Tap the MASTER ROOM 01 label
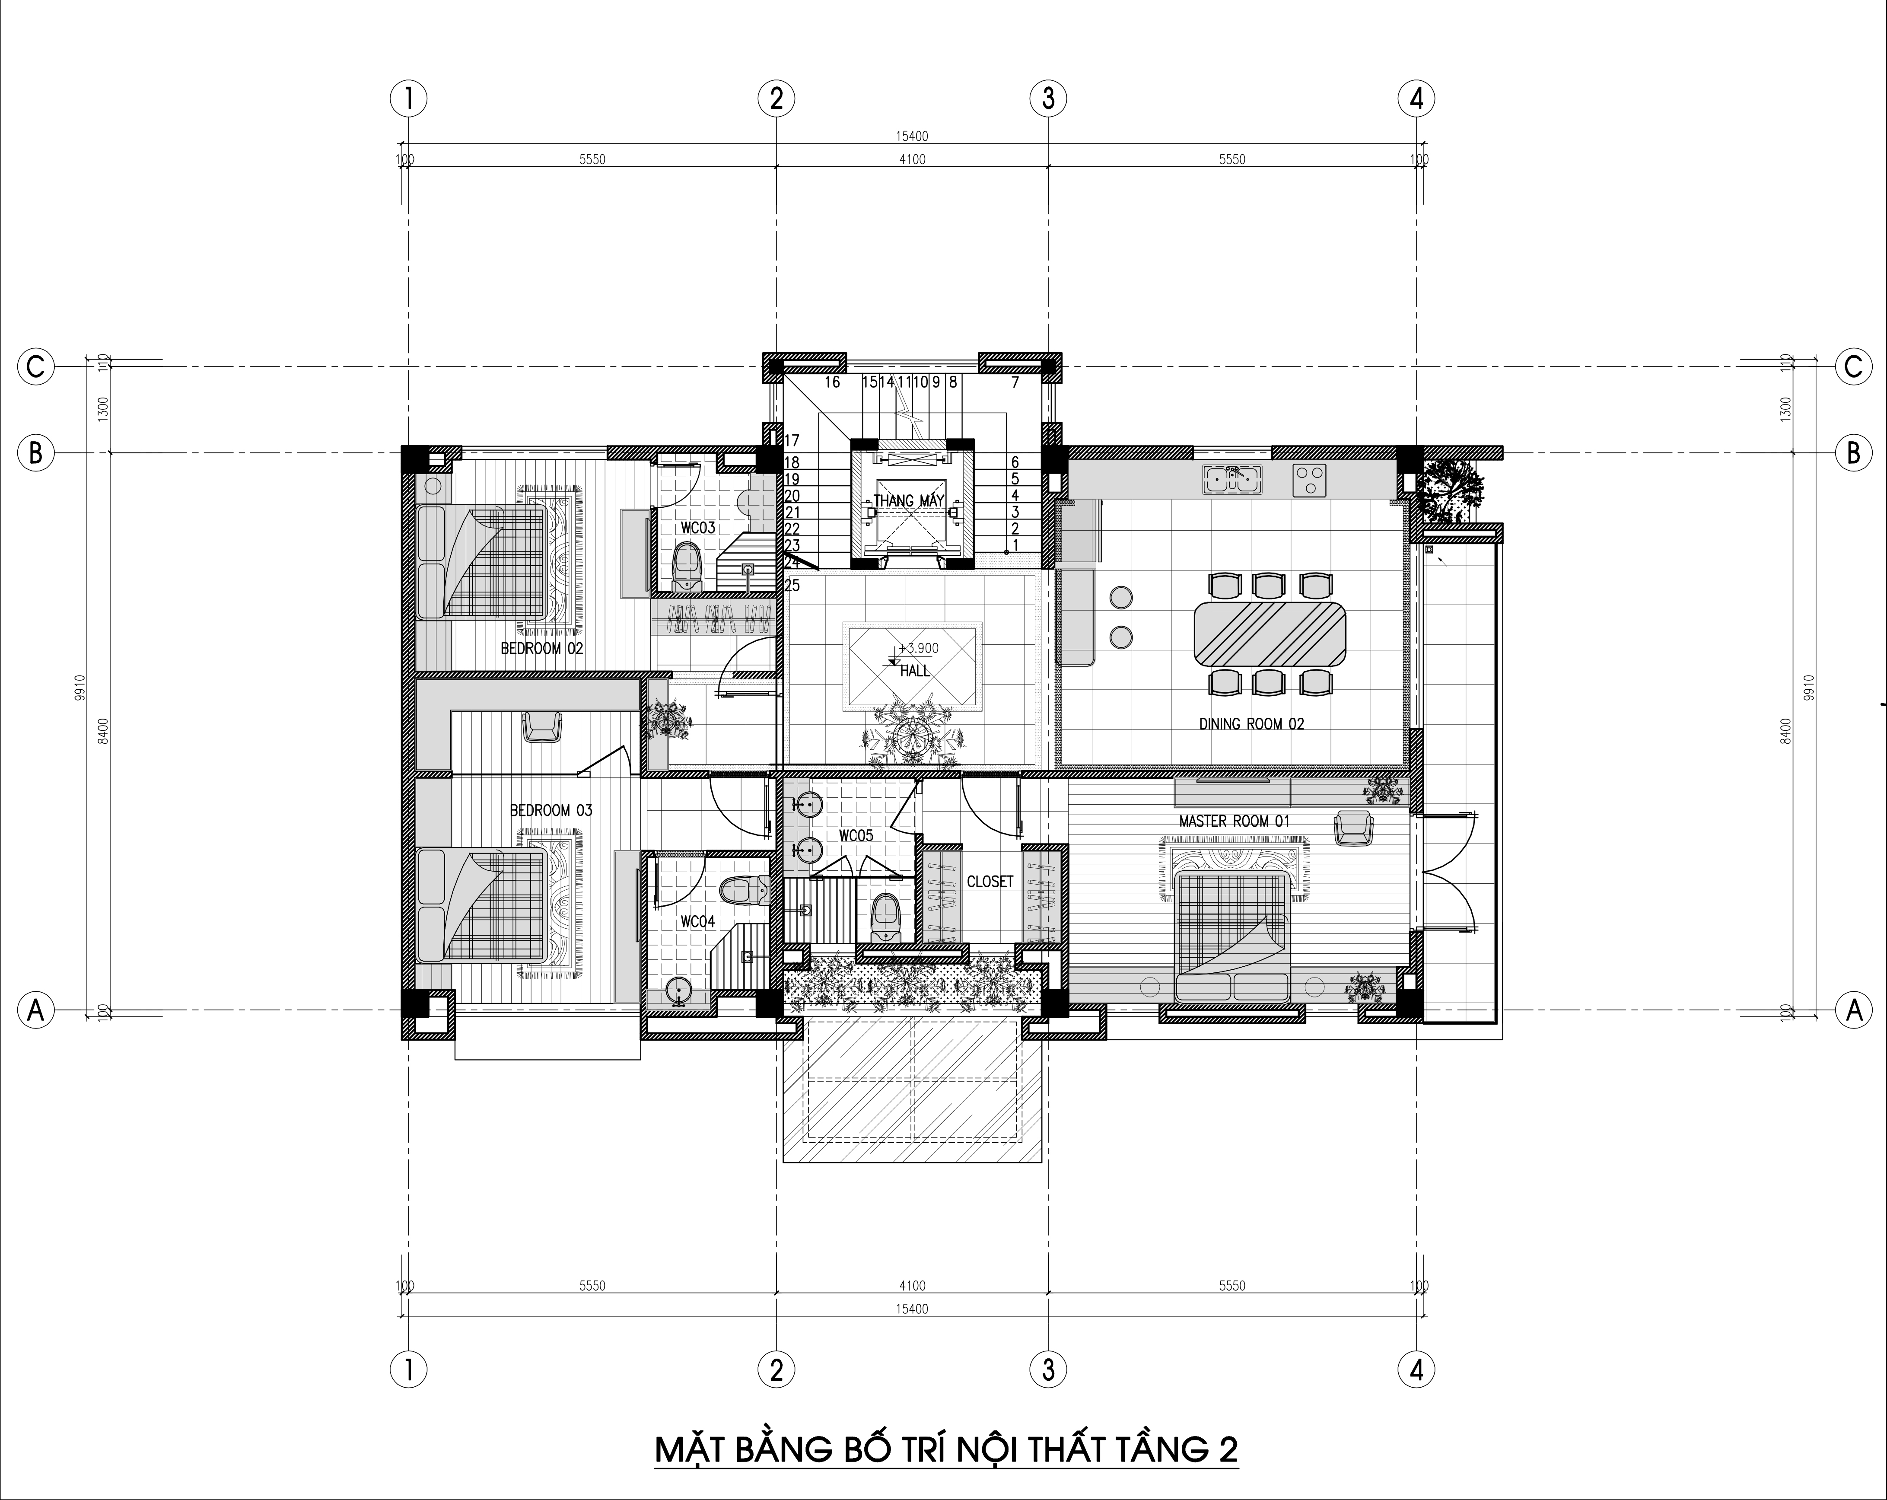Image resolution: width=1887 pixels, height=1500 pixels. click(1234, 822)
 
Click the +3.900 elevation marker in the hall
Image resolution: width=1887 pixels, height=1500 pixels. click(916, 649)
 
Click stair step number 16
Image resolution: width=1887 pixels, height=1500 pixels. click(831, 382)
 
